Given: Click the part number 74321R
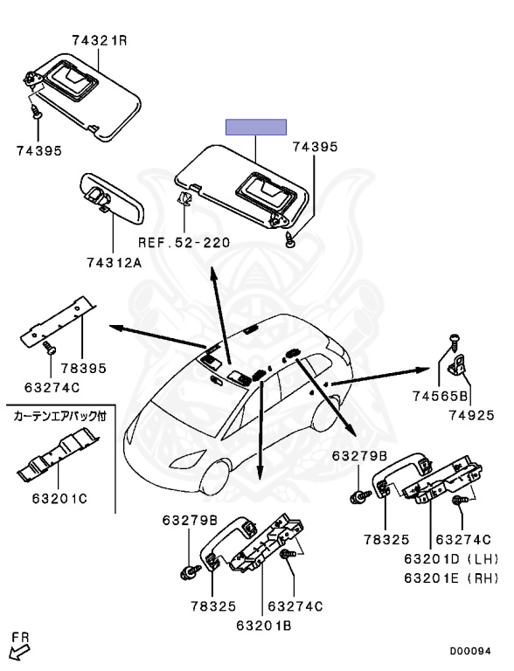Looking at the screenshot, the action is pyautogui.click(x=100, y=41).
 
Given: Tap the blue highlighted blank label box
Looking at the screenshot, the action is pyautogui.click(x=256, y=127).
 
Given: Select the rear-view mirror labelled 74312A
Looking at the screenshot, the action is pyautogui.click(x=112, y=198).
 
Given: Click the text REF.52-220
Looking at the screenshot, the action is pyautogui.click(x=184, y=243).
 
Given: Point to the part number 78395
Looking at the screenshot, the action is pyautogui.click(x=84, y=368).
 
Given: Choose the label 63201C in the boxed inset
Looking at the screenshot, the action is pyautogui.click(x=59, y=499).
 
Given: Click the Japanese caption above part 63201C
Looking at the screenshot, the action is pyautogui.click(x=59, y=416).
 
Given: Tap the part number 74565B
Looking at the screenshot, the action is pyautogui.click(x=441, y=396).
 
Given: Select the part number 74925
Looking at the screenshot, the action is pyautogui.click(x=471, y=415).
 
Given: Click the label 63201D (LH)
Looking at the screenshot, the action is pyautogui.click(x=451, y=559).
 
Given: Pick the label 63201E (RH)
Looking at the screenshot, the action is pyautogui.click(x=451, y=578).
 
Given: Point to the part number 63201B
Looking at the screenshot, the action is pyautogui.click(x=264, y=626).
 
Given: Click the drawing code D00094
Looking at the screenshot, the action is pyautogui.click(x=470, y=651).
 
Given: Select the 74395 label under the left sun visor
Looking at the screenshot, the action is pyautogui.click(x=39, y=150).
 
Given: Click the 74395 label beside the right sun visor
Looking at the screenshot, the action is pyautogui.click(x=316, y=147).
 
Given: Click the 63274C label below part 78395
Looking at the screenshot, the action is pyautogui.click(x=52, y=388).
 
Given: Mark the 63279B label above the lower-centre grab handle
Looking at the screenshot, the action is pyautogui.click(x=190, y=521).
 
